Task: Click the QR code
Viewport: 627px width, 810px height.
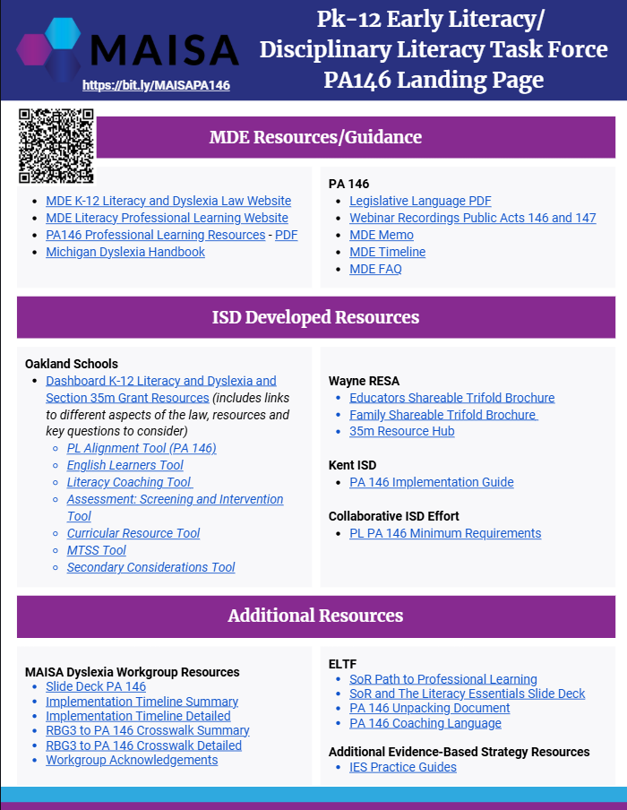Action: [x=56, y=146]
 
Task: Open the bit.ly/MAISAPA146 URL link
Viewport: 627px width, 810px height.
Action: [x=156, y=85]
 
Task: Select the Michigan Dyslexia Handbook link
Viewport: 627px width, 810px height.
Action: [x=125, y=252]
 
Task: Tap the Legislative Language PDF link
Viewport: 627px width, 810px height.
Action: [x=420, y=201]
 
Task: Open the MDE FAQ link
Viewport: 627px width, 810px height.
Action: [x=375, y=269]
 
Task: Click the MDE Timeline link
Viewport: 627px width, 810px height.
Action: [x=387, y=252]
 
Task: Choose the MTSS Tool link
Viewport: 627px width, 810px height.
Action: [x=96, y=550]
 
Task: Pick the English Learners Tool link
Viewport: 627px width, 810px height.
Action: [x=125, y=465]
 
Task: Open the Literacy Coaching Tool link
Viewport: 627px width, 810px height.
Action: [x=129, y=482]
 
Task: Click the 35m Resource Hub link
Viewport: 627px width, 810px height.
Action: [x=402, y=431]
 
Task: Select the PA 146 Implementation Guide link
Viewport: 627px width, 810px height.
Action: [x=432, y=482]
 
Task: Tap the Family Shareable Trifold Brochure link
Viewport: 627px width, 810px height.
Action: [x=442, y=414]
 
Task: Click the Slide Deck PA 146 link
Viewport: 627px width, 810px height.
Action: [x=96, y=686]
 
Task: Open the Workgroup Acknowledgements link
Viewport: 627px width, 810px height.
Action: [x=132, y=760]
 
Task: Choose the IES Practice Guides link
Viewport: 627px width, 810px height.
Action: [x=403, y=767]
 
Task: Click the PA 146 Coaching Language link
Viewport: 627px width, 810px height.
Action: [x=425, y=723]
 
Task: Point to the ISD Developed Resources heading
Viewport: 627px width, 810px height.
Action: [x=315, y=317]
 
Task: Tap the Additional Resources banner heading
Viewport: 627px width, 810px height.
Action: [x=315, y=616]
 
